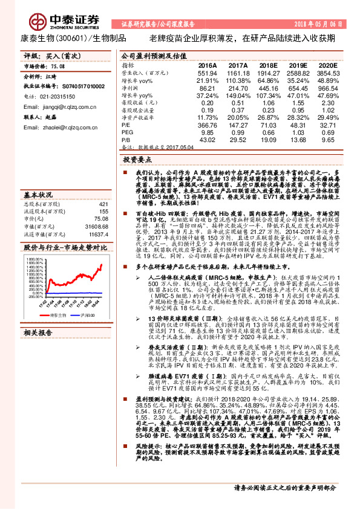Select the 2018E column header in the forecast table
point(267,65)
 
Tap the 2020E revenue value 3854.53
point(326,72)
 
